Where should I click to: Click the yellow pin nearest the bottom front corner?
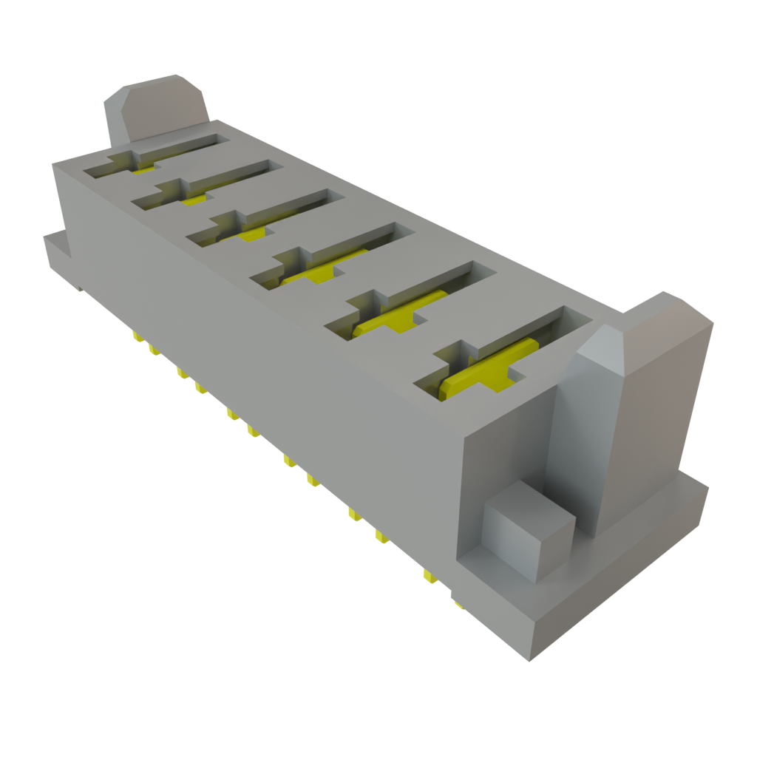coord(458,605)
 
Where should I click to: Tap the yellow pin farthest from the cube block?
coord(137,337)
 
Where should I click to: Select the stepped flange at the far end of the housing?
coord(59,255)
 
